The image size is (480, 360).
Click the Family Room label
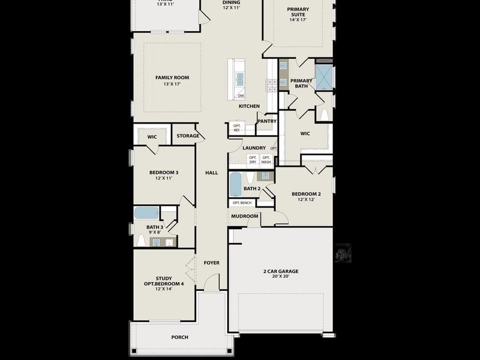pyautogui.click(x=172, y=77)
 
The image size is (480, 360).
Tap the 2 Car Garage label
pyautogui.click(x=281, y=271)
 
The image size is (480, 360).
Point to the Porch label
pyautogui.click(x=179, y=337)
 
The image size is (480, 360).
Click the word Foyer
pyautogui.click(x=211, y=263)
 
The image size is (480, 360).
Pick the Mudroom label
pyautogui.click(x=245, y=216)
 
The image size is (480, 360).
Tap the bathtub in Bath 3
pyautogui.click(x=146, y=213)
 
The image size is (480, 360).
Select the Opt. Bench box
pyautogui.click(x=242, y=203)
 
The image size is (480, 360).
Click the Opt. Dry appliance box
pyautogui.click(x=253, y=160)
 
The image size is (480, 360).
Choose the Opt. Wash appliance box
pyautogui.click(x=266, y=160)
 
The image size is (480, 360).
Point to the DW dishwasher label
pyautogui.click(x=241, y=96)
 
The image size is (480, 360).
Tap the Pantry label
pyautogui.click(x=267, y=121)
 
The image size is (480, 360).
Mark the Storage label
pyautogui.click(x=188, y=136)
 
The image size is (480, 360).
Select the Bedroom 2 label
pyautogui.click(x=306, y=194)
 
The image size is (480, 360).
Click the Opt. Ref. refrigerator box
pyautogui.click(x=236, y=128)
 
